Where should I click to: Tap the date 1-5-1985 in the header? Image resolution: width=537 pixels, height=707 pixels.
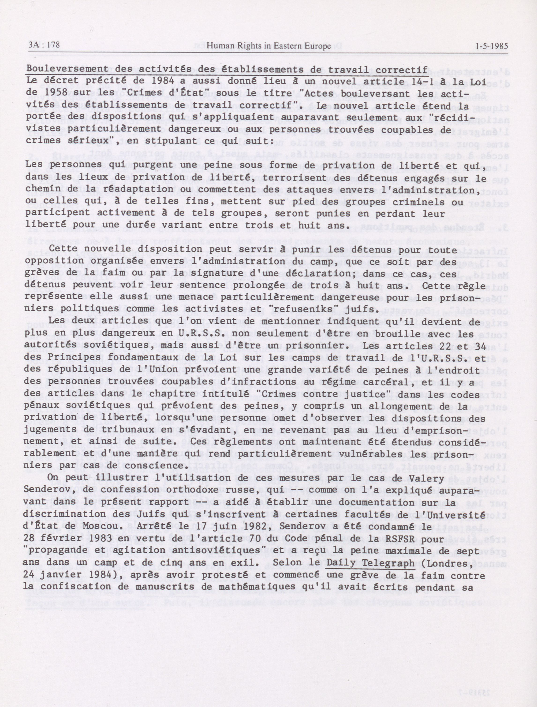point(492,46)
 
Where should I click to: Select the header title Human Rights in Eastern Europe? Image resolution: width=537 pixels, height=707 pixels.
point(269,46)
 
